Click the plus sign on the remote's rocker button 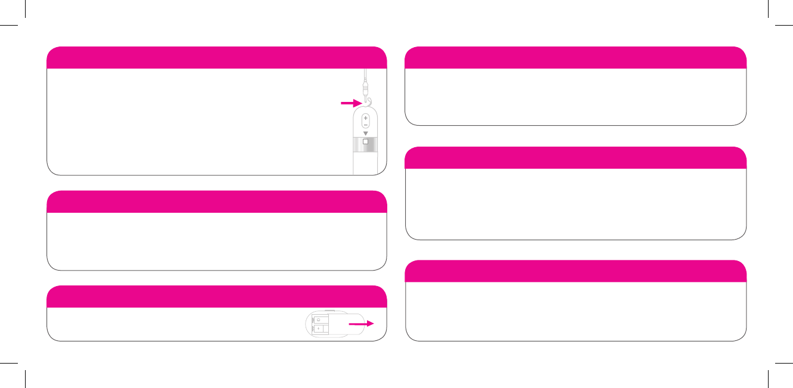(365, 118)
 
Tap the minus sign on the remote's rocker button (365, 125)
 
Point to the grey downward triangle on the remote (365, 134)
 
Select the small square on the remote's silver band (365, 144)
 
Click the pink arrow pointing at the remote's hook (350, 103)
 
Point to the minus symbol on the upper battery (318, 320)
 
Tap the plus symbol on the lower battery (318, 328)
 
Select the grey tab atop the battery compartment (329, 311)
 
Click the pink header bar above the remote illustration (216, 57)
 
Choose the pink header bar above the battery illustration (216, 296)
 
